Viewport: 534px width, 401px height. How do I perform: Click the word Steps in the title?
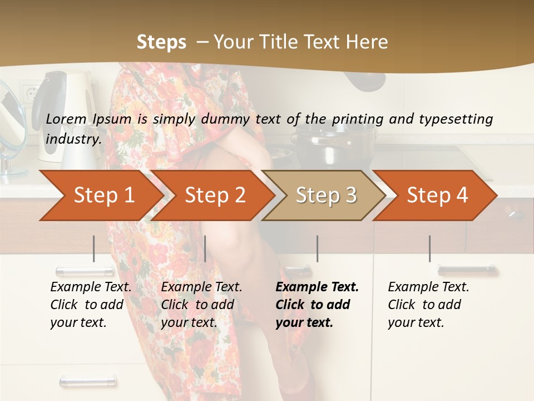[x=161, y=42]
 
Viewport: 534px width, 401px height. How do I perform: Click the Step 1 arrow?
[x=103, y=195]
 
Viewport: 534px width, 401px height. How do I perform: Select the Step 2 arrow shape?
[x=215, y=195]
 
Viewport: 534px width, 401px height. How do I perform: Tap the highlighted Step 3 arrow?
[x=326, y=195]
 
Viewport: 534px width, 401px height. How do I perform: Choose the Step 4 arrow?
[x=437, y=195]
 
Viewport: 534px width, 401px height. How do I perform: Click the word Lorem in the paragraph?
[x=66, y=119]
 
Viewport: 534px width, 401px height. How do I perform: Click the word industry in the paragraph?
[x=73, y=139]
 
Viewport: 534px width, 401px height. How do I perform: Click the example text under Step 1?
[x=91, y=304]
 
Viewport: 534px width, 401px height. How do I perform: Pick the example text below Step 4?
[x=428, y=304]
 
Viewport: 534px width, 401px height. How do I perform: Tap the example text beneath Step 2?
[x=201, y=304]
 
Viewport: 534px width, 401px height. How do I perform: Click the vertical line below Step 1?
[x=93, y=248]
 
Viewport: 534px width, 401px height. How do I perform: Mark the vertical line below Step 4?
[x=429, y=248]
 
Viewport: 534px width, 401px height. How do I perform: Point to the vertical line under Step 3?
[x=317, y=248]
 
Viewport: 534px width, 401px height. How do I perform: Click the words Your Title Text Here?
[x=300, y=42]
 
